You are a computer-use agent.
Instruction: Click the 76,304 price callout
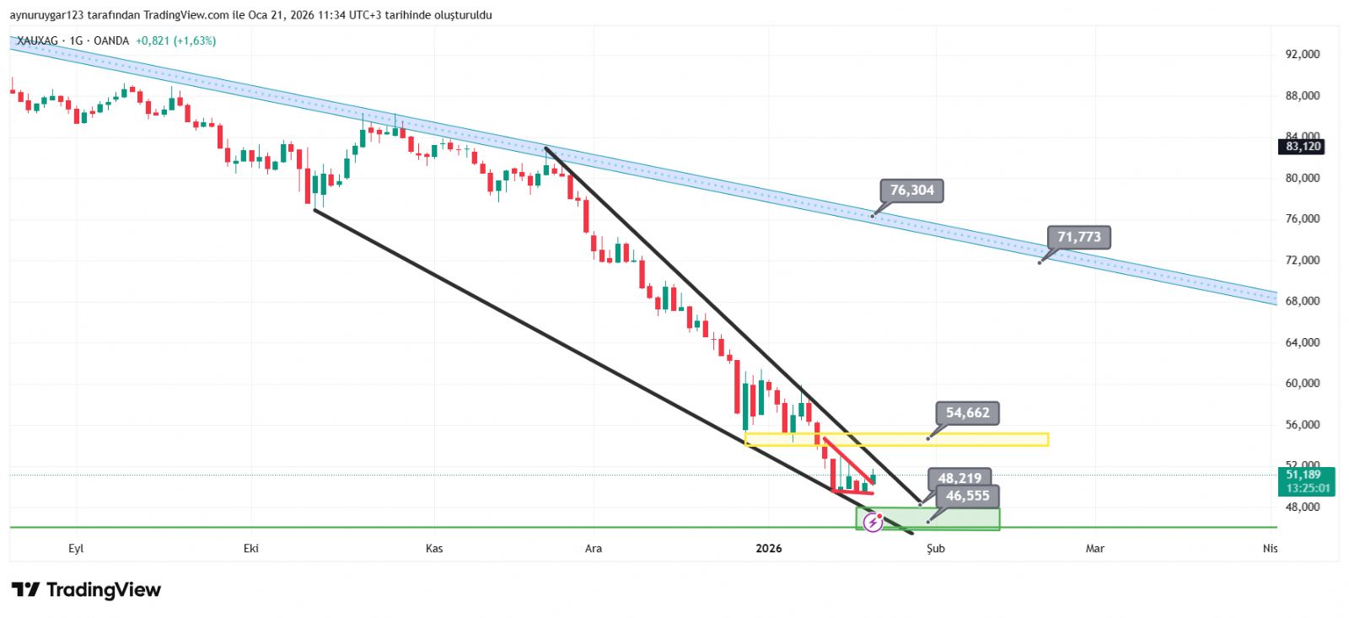(911, 191)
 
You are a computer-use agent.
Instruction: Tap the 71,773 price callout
(1078, 237)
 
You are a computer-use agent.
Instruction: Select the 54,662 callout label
(967, 413)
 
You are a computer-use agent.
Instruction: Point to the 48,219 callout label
(959, 478)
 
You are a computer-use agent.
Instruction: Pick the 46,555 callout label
(967, 496)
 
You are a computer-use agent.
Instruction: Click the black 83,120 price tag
(1303, 147)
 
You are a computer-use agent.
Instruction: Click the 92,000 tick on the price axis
(1303, 54)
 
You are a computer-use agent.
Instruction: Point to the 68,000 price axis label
(1303, 301)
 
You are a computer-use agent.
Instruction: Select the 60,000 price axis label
(1303, 383)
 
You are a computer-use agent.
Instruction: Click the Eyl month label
(76, 549)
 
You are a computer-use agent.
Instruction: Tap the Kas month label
(434, 549)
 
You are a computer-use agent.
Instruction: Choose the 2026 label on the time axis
(769, 549)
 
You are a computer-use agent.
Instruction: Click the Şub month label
(936, 549)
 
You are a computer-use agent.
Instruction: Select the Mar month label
(1094, 549)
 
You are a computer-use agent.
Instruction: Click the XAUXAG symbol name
(37, 40)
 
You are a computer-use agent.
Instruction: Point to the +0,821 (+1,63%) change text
(175, 40)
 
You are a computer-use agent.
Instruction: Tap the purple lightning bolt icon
(873, 523)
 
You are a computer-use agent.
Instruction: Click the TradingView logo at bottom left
(86, 590)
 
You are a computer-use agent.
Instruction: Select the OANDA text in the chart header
(111, 40)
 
